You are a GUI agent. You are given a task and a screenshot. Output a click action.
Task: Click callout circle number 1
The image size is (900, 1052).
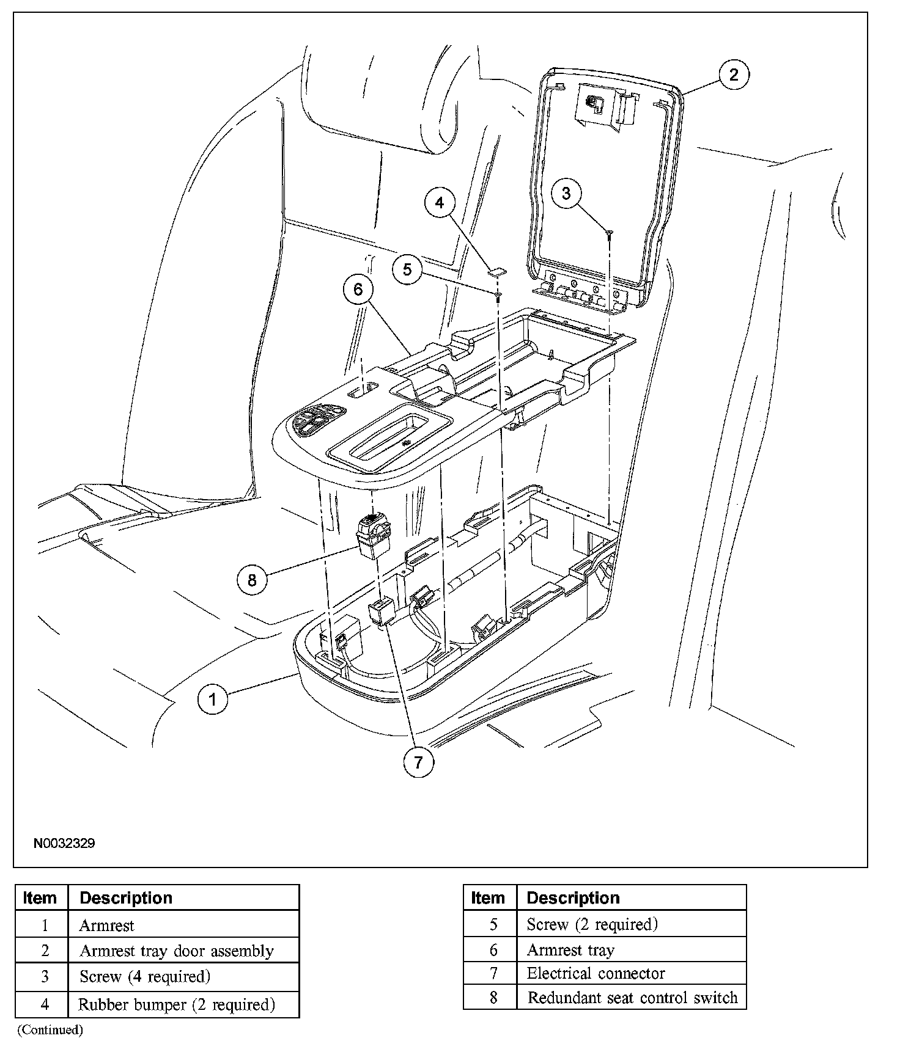point(212,698)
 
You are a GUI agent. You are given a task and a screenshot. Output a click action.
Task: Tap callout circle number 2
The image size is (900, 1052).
point(733,75)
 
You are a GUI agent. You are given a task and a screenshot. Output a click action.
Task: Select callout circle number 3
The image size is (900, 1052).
point(566,193)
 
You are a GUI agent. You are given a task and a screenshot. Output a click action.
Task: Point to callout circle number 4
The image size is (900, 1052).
point(440,202)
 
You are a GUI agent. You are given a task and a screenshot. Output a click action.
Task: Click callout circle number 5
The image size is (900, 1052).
point(407,269)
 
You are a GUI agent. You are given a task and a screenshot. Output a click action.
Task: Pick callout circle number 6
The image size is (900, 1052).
point(358,289)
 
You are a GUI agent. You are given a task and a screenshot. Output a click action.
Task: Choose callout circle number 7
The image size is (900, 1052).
point(418,762)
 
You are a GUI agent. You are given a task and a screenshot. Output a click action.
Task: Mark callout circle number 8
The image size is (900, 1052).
point(252,579)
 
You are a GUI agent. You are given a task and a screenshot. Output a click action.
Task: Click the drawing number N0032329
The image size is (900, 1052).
point(64,844)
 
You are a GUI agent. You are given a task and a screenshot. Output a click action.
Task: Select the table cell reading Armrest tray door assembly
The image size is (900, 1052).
point(177,951)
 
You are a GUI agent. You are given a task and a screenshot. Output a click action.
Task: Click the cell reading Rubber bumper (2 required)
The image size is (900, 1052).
point(177,1004)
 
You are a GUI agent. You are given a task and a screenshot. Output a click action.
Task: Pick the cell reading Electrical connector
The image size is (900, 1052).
point(596,973)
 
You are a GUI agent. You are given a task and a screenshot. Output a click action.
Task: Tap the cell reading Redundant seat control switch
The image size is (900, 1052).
point(632,998)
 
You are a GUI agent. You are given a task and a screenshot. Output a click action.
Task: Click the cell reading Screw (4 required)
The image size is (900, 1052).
point(145,977)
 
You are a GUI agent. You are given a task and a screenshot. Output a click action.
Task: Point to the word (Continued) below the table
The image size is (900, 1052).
point(50,1030)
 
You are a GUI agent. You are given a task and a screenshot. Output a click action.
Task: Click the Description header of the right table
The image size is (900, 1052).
point(573,898)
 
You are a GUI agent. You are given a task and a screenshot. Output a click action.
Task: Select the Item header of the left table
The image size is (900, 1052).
point(40,898)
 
